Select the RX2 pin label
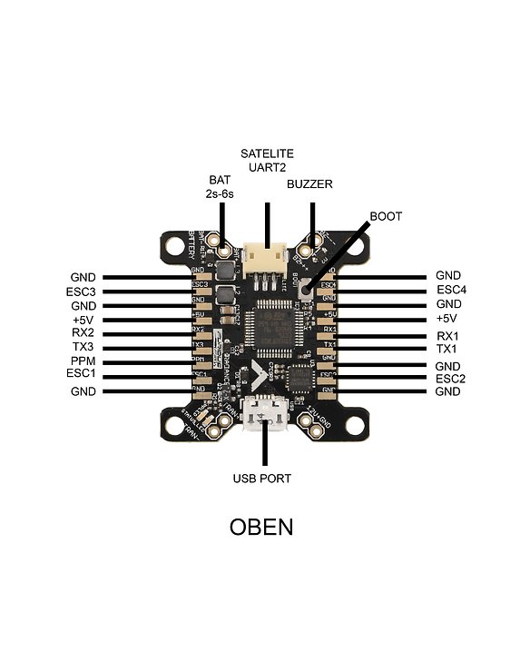point(83,333)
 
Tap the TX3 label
point(83,347)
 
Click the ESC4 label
point(449,291)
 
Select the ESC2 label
point(449,379)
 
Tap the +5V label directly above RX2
point(83,320)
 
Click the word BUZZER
point(309,183)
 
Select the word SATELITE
point(267,153)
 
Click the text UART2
point(267,167)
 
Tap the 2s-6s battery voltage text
point(221,193)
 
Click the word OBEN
point(260,528)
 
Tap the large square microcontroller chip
point(270,331)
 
